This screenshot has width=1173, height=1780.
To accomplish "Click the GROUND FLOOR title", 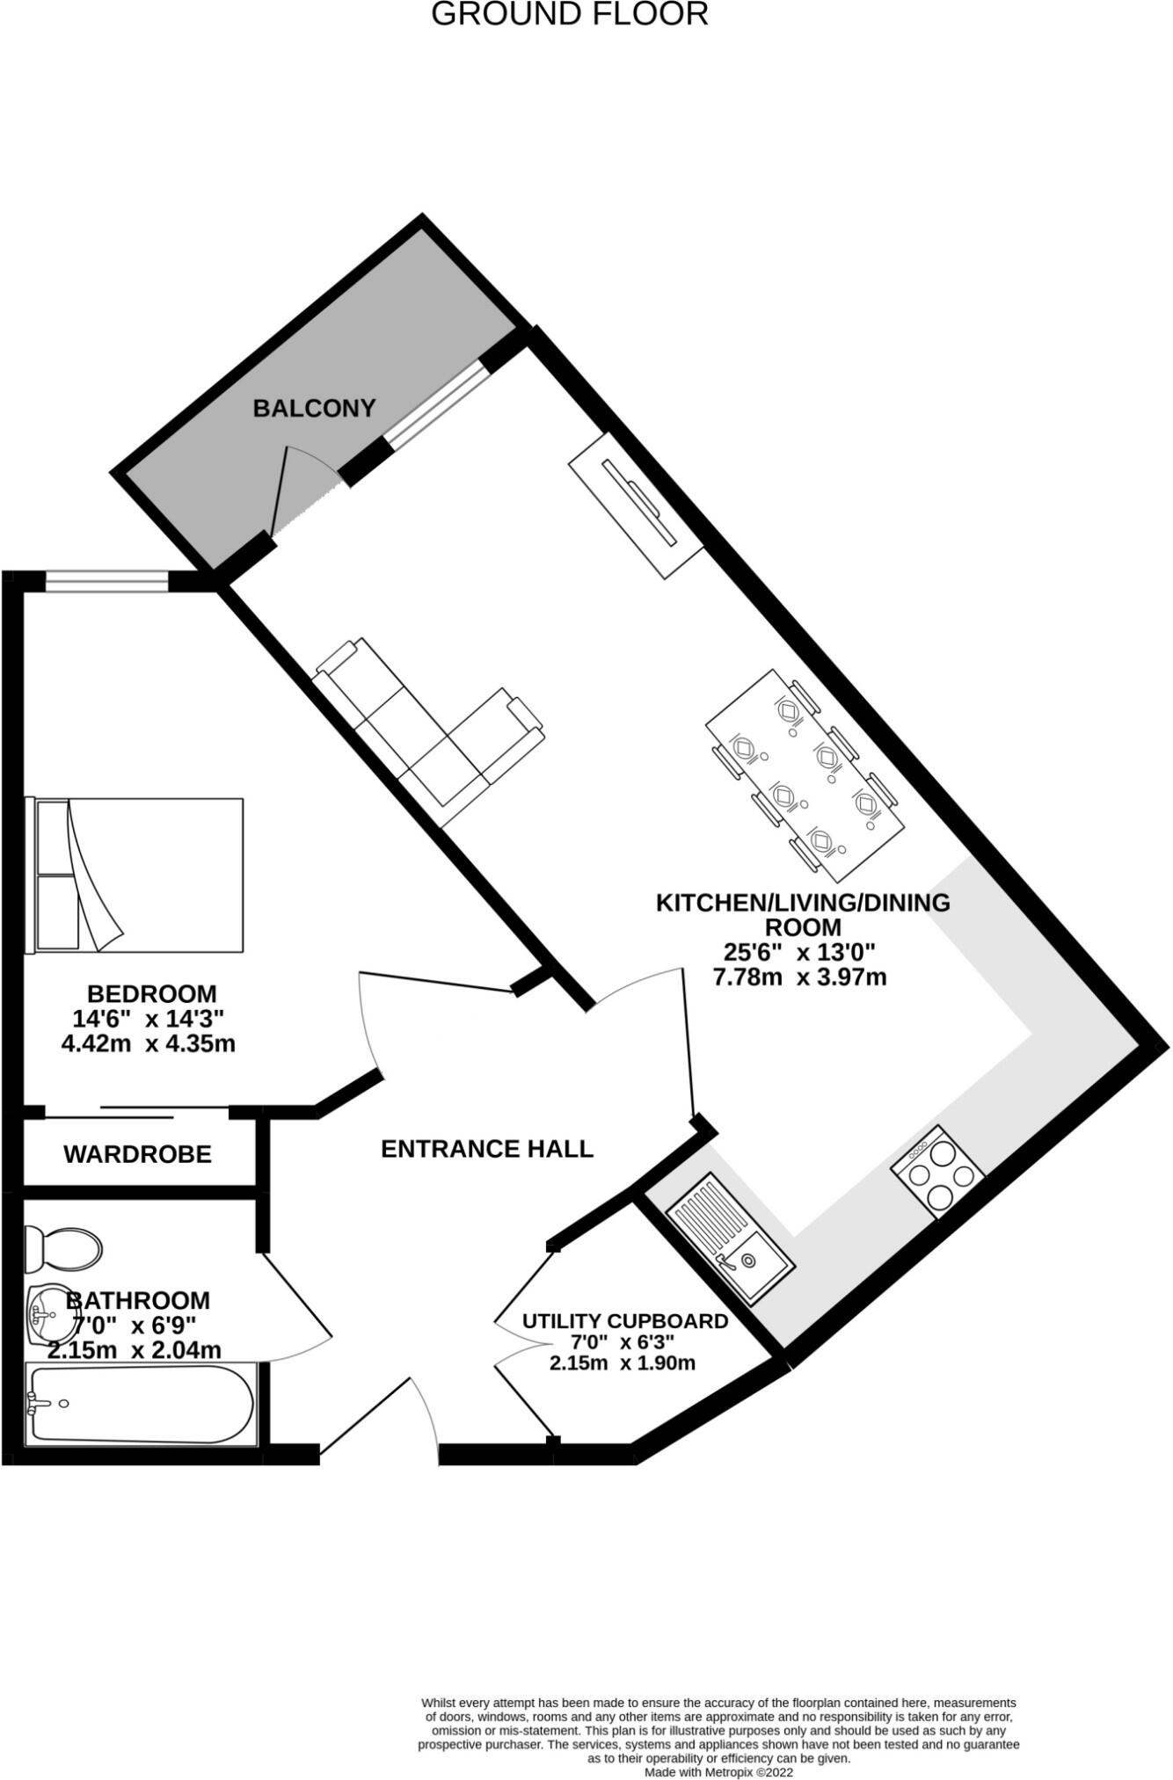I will tap(569, 15).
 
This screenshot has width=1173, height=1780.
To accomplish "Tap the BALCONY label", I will tap(314, 408).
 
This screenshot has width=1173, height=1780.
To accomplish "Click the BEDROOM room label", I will tap(151, 993).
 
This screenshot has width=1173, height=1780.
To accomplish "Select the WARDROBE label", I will tap(137, 1153).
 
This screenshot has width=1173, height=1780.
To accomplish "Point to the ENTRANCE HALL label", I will tap(487, 1148).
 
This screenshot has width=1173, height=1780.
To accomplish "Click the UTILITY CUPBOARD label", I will tap(624, 1320).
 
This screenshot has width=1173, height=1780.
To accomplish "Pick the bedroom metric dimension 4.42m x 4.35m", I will tap(148, 1043).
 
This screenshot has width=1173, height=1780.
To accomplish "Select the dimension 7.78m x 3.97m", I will tap(799, 977).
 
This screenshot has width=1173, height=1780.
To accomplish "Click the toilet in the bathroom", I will tap(62, 1248).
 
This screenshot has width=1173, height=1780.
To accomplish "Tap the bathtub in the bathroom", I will tap(141, 1404).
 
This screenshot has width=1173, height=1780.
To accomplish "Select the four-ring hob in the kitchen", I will tap(937, 1171).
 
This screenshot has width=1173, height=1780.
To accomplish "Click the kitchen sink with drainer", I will tap(730, 1239).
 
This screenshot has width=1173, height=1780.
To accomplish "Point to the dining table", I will tap(805, 775).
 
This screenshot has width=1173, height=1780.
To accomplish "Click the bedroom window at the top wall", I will tap(106, 581).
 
